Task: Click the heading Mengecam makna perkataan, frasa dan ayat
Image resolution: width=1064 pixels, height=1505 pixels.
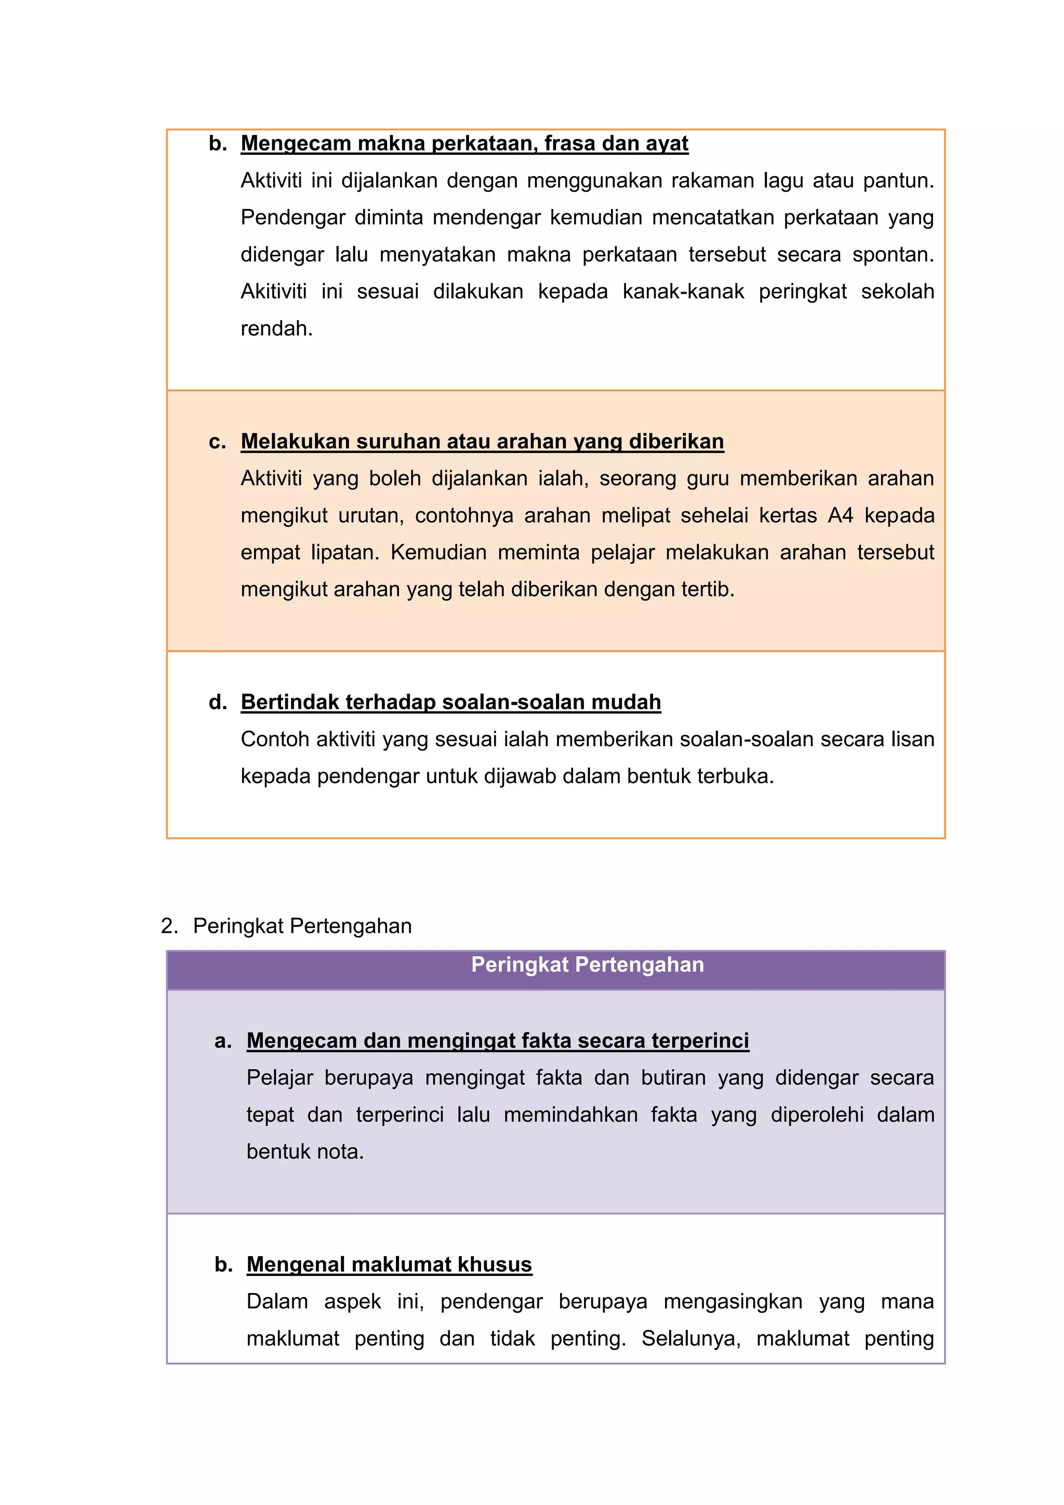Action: [464, 143]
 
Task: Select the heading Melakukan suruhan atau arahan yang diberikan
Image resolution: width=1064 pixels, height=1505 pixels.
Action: [482, 441]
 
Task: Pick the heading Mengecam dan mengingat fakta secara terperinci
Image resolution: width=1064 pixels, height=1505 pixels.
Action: [497, 1040]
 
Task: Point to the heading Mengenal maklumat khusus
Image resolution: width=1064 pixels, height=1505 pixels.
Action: [389, 1264]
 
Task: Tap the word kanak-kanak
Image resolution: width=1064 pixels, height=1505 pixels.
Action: [683, 291]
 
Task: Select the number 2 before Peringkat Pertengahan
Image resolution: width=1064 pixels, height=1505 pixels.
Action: [168, 926]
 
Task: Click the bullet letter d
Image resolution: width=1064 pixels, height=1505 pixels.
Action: [216, 702]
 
